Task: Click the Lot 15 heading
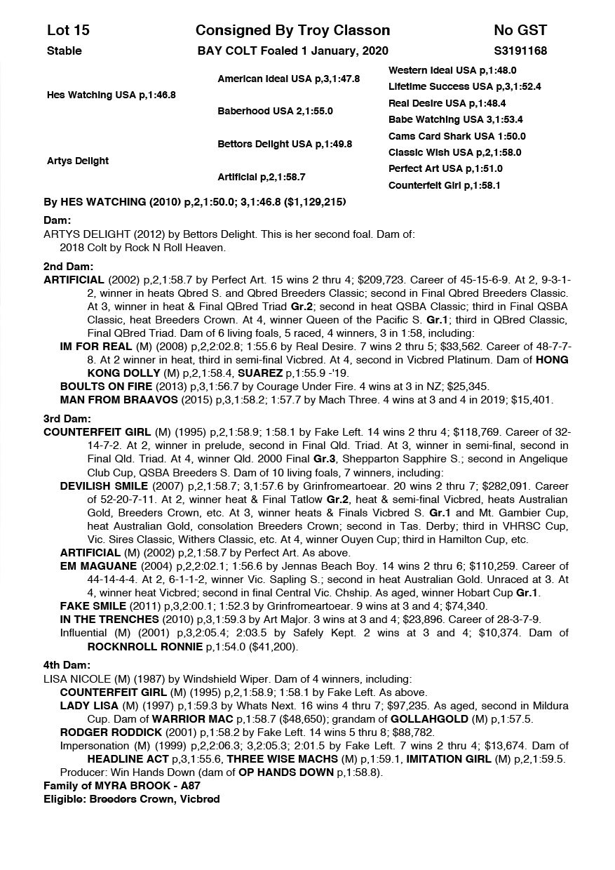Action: click(x=68, y=30)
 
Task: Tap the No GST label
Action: click(x=520, y=30)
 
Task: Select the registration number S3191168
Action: click(x=520, y=51)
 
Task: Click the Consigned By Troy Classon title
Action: click(x=292, y=30)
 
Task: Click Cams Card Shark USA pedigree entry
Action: click(x=457, y=136)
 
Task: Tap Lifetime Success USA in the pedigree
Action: click(x=464, y=86)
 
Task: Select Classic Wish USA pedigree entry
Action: click(x=454, y=152)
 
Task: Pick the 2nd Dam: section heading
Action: click(x=68, y=267)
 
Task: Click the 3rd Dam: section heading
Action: click(x=68, y=419)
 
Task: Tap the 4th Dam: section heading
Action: click(x=67, y=665)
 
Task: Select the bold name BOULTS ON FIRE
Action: click(x=102, y=386)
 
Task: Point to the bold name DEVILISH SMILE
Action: click(x=104, y=486)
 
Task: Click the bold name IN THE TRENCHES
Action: click(x=109, y=620)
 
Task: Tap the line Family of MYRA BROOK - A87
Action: click(x=121, y=786)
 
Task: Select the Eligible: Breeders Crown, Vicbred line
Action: click(x=131, y=799)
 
